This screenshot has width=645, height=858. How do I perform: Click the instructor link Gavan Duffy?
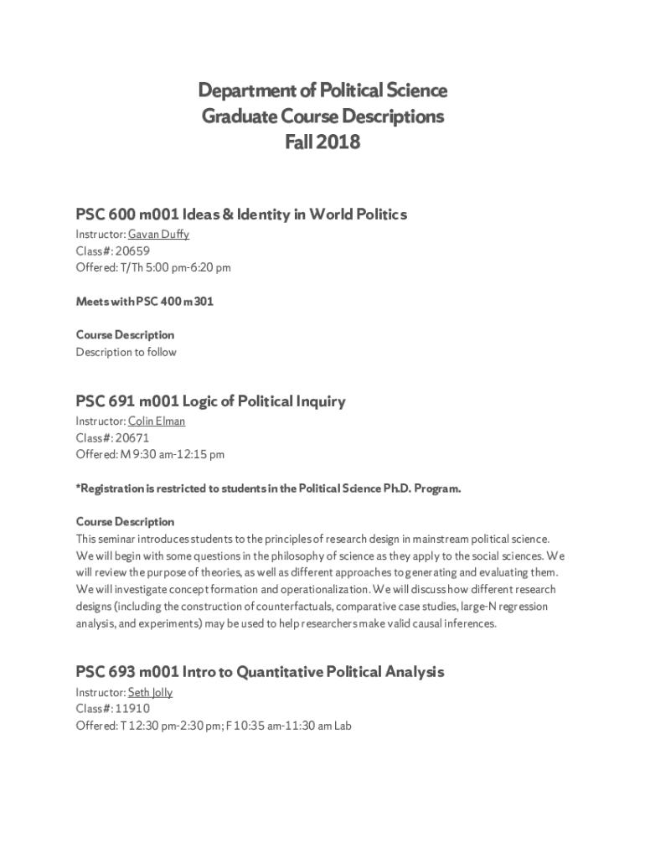tap(158, 234)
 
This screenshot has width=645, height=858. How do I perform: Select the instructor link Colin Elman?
tap(157, 421)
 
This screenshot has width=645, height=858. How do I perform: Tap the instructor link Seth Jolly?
tap(150, 692)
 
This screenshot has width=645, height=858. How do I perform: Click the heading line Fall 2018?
tap(322, 142)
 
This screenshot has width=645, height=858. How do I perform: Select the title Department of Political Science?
tap(322, 90)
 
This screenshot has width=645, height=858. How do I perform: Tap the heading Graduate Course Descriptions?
tap(322, 116)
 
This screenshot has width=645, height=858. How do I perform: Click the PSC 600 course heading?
tap(241, 214)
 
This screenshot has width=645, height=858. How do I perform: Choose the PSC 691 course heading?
tap(210, 401)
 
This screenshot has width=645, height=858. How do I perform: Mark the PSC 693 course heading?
tap(260, 672)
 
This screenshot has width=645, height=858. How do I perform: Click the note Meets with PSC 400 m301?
tap(144, 302)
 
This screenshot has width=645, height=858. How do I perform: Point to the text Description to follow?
tap(126, 352)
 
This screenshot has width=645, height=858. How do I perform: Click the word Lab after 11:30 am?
tap(342, 726)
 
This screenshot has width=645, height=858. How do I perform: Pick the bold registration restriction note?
tap(268, 488)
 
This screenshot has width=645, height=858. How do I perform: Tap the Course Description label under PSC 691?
tap(125, 522)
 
